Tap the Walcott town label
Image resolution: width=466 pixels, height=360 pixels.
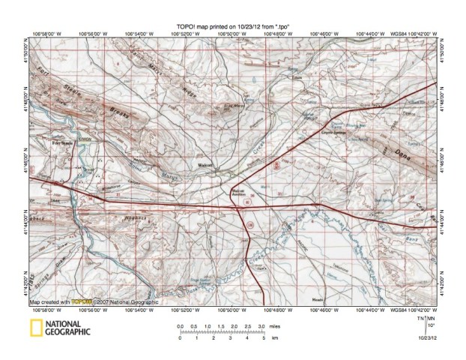tap(205, 164)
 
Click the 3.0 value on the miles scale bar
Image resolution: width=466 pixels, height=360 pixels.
tap(261, 327)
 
